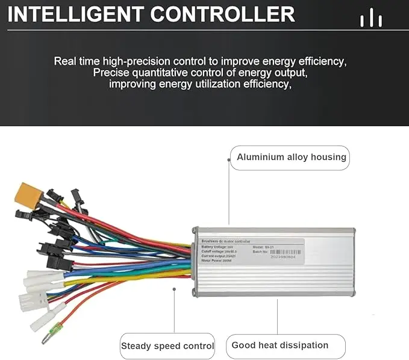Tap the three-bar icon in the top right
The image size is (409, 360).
(x=370, y=19)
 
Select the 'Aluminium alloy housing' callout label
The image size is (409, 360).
(x=291, y=157)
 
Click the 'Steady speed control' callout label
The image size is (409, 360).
(x=167, y=346)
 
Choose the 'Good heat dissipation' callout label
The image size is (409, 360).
(x=280, y=346)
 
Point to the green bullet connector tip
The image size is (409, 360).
(x=46, y=340)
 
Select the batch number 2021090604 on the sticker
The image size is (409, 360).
(x=278, y=257)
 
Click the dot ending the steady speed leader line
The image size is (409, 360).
(x=174, y=289)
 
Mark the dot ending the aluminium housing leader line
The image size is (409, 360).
(x=229, y=159)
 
